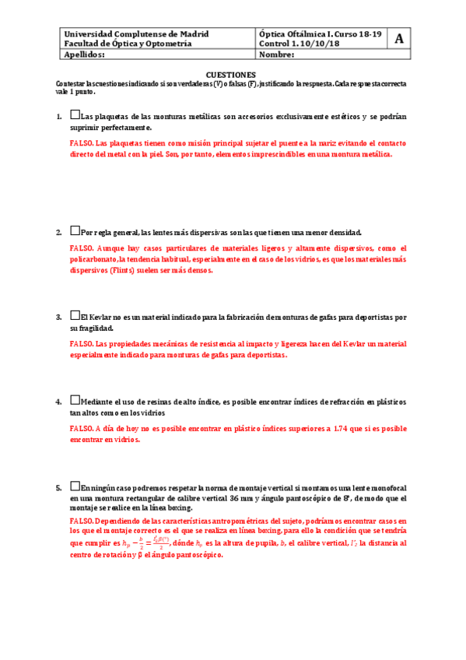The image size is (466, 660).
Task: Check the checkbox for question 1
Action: coord(75,115)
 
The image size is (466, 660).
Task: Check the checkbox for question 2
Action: coord(75,231)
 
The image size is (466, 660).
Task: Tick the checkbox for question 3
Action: coord(75,316)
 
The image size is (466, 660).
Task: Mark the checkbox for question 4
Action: coord(75,401)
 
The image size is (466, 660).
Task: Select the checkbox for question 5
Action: coord(75,486)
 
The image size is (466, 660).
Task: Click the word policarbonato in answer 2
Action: coord(94,259)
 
